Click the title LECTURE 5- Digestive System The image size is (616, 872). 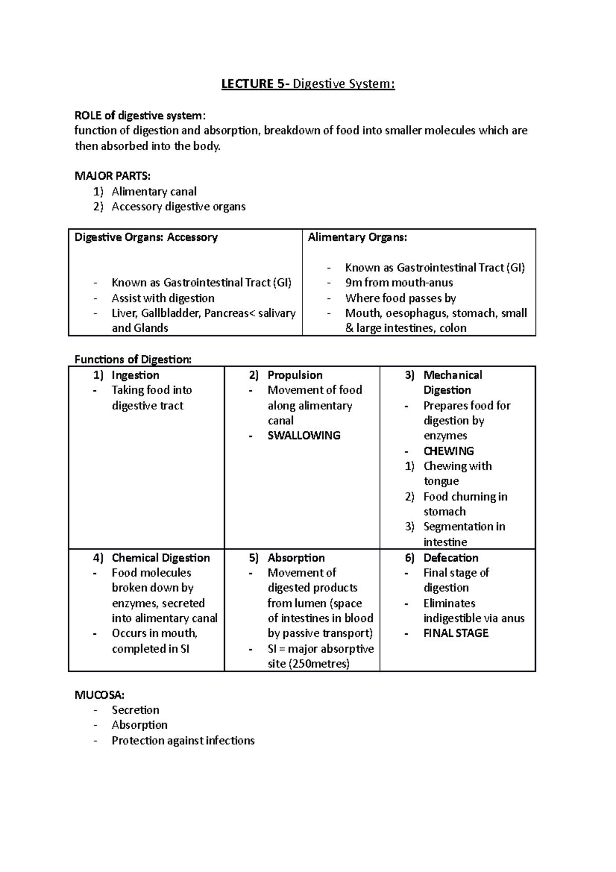point(308,84)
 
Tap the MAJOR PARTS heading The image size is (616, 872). point(112,176)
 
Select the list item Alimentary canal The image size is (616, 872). point(154,192)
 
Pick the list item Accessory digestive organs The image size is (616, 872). point(179,206)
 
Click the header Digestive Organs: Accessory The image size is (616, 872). point(146,237)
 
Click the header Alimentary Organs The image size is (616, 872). point(357,237)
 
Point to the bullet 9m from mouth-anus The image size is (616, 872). point(399,282)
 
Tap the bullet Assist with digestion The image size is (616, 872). point(163,298)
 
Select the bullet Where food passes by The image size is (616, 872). point(400,298)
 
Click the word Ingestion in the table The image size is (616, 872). point(135,375)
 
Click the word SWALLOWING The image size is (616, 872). point(304,435)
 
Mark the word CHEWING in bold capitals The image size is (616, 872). point(448,451)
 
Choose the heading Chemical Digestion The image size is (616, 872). point(161,558)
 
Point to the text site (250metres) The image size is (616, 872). point(308,664)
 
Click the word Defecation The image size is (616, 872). point(450,558)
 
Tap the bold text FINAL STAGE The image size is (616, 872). point(455,633)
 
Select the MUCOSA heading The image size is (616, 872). point(100,695)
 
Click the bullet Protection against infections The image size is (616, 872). point(183,741)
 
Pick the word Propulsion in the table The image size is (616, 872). point(295,375)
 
